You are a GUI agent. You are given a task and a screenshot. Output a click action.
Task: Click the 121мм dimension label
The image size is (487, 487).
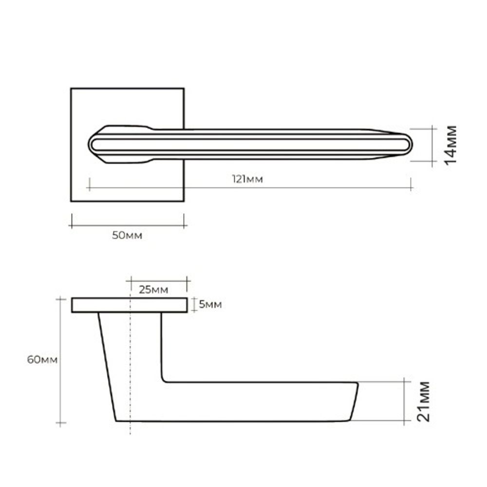pyautogui.click(x=251, y=180)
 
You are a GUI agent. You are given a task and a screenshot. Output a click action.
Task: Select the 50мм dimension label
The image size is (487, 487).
pyautogui.click(x=127, y=236)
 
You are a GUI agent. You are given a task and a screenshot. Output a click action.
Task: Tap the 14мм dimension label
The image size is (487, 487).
pyautogui.click(x=451, y=145)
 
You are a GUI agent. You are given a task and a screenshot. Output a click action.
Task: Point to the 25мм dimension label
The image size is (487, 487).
pyautogui.click(x=153, y=290)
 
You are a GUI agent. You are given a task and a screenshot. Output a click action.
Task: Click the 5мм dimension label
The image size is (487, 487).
pyautogui.click(x=210, y=305)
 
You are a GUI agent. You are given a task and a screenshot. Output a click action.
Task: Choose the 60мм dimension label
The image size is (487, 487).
pyautogui.click(x=42, y=360)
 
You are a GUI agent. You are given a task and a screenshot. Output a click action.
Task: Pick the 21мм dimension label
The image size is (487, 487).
pyautogui.click(x=423, y=401)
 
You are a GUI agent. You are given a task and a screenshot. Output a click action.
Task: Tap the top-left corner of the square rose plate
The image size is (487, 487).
pyautogui.click(x=71, y=89)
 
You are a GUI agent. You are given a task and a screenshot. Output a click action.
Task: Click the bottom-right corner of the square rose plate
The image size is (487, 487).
pyautogui.click(x=184, y=201)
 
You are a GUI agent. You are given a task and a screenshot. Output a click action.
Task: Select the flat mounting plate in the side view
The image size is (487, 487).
pyautogui.click(x=129, y=305)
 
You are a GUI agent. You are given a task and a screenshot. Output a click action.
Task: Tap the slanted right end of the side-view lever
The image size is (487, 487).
pyautogui.click(x=354, y=402)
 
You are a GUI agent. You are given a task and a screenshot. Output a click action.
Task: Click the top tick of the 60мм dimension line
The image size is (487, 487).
pyautogui.click(x=60, y=299)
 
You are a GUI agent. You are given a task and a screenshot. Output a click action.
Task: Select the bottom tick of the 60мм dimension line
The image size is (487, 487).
pyautogui.click(x=60, y=423)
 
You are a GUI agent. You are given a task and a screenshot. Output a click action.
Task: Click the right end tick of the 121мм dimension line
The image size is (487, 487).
pyautogui.click(x=412, y=184)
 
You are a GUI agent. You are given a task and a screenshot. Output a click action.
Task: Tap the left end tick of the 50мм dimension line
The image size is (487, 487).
pyautogui.click(x=71, y=221)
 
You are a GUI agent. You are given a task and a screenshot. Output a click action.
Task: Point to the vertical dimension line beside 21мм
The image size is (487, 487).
pyautogui.click(x=405, y=401)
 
